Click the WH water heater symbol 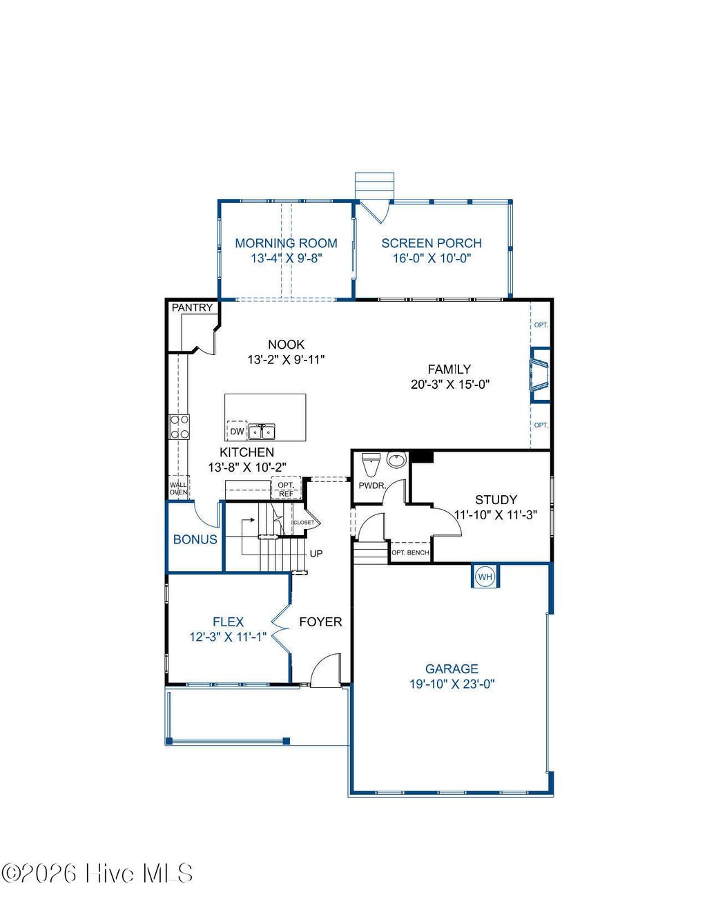click(485, 577)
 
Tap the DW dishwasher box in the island click(237, 432)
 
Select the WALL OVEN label click(178, 488)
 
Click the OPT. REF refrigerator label click(286, 489)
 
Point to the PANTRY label click(192, 307)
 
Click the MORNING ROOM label click(286, 243)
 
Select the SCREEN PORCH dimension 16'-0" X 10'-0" click(432, 258)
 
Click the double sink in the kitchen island click(262, 432)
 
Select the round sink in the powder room click(396, 460)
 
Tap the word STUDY click(496, 499)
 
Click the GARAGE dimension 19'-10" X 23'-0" click(452, 684)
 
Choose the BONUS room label click(195, 539)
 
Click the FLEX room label click(228, 622)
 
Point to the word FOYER click(320, 622)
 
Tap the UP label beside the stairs click(316, 554)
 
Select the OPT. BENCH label click(410, 552)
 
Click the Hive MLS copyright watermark click(97, 874)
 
